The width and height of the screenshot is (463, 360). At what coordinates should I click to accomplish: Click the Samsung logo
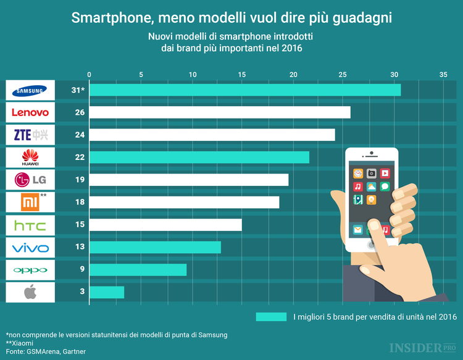click(x=30, y=90)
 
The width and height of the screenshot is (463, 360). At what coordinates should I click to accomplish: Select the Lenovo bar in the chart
click(x=220, y=112)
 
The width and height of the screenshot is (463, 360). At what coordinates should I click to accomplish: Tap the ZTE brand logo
click(x=30, y=135)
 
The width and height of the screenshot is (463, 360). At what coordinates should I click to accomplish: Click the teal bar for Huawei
click(x=199, y=157)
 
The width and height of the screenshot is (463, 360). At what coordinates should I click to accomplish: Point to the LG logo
click(x=30, y=180)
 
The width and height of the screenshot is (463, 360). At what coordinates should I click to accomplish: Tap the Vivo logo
click(x=30, y=248)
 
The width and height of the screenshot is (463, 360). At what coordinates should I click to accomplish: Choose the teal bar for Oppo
click(x=138, y=270)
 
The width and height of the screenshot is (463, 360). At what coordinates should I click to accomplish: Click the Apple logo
click(x=30, y=292)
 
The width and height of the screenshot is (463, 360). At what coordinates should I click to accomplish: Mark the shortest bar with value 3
click(x=107, y=292)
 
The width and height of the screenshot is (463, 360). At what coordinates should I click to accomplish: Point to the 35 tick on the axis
click(x=443, y=75)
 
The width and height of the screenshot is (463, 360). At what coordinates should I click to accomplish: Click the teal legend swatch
click(x=271, y=317)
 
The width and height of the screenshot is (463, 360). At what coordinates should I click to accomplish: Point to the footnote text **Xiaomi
click(x=20, y=343)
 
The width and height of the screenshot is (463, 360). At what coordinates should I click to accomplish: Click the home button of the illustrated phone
click(x=371, y=245)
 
